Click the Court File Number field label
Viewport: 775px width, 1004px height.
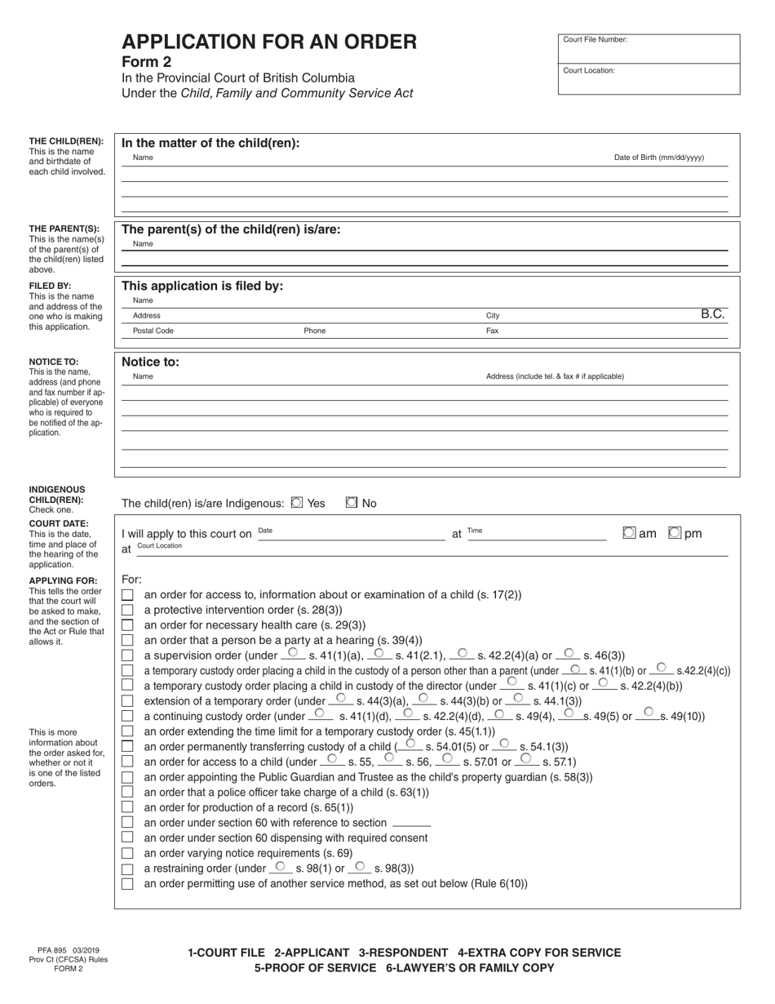click(595, 40)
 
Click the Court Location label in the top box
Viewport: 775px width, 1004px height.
click(589, 71)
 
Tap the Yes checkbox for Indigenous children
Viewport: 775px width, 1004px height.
click(297, 503)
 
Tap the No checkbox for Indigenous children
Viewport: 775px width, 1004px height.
click(352, 503)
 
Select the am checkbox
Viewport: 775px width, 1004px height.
click(629, 533)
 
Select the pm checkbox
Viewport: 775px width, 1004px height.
click(675, 533)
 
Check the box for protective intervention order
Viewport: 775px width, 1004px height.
click(127, 610)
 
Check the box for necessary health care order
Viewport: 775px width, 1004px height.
click(127, 624)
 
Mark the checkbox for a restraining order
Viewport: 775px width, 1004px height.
click(127, 869)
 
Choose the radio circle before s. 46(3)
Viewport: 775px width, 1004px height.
click(569, 653)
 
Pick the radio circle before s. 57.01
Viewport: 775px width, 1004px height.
click(447, 758)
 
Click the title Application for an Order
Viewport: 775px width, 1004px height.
click(269, 42)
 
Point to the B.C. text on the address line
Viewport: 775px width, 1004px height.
click(712, 313)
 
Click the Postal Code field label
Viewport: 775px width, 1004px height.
click(153, 331)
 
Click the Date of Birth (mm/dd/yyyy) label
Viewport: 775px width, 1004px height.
click(658, 158)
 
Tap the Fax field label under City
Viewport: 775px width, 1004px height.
click(492, 331)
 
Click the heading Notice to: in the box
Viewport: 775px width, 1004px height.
click(150, 362)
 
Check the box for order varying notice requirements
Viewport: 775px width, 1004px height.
click(127, 853)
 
